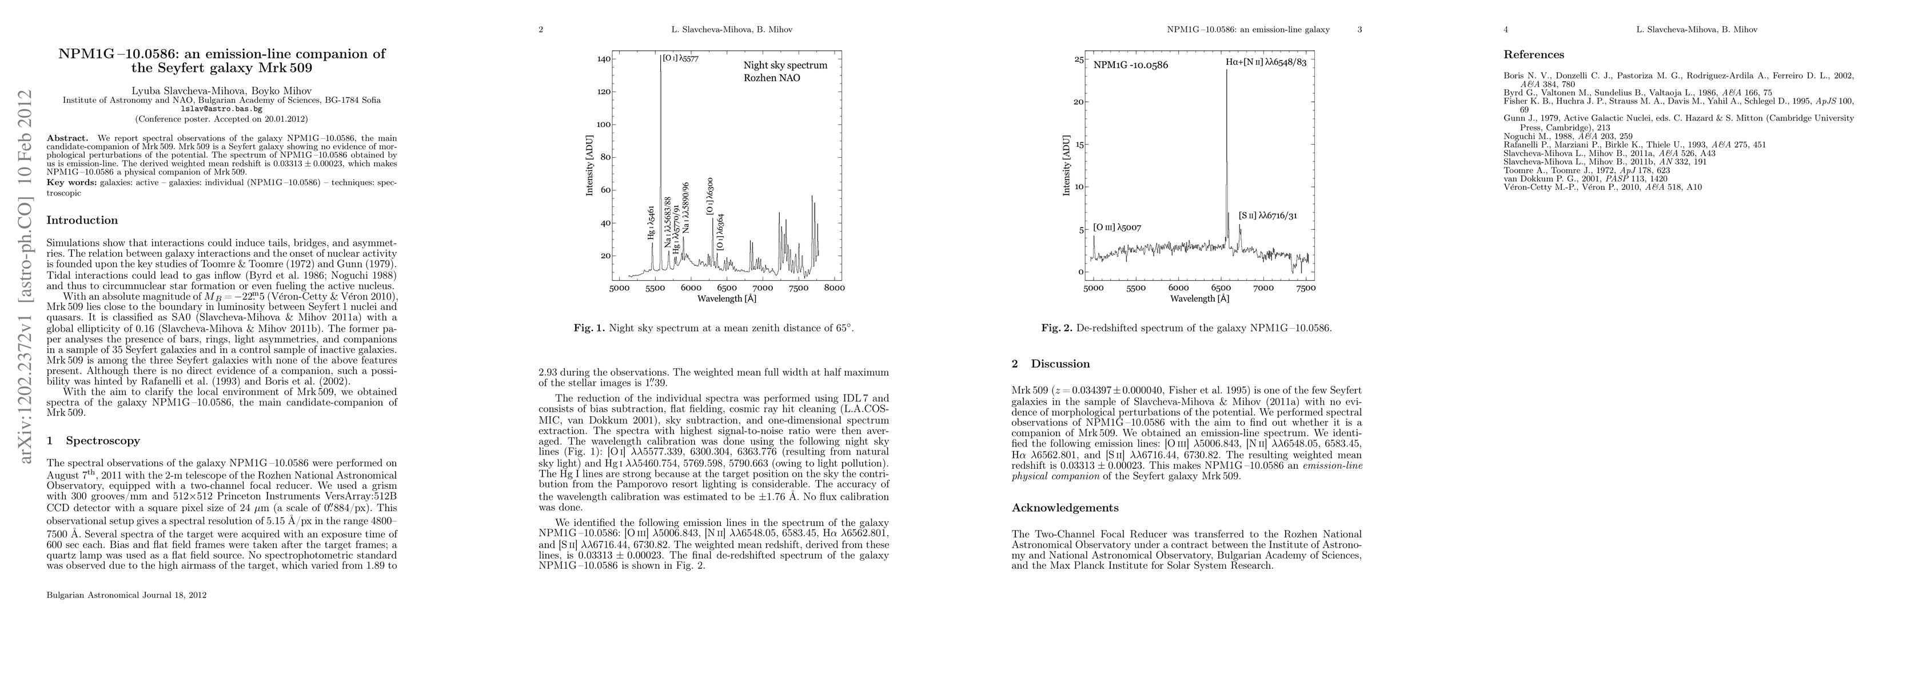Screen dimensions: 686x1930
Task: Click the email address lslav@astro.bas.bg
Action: click(x=221, y=109)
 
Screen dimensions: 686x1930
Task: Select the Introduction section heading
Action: click(x=82, y=220)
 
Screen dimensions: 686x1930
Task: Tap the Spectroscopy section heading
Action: click(x=93, y=440)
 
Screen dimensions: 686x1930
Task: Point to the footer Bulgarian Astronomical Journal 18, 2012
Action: click(x=126, y=595)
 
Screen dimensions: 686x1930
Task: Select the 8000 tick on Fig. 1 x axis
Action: click(x=834, y=288)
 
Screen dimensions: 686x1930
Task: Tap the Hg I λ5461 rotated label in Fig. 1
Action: click(x=652, y=222)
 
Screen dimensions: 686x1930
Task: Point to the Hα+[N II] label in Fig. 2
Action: click(x=1266, y=63)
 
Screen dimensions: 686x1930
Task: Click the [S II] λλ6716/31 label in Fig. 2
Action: click(x=1267, y=216)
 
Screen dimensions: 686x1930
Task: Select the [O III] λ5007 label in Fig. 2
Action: click(x=1117, y=227)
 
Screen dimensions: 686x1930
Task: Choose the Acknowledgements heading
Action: click(x=1064, y=508)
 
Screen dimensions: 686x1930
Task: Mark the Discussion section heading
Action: click(x=1052, y=364)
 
